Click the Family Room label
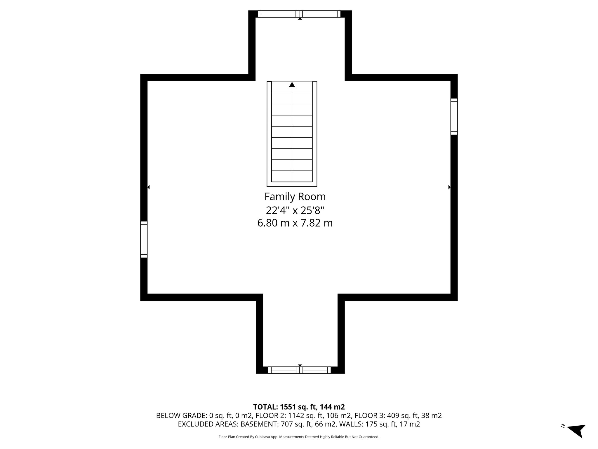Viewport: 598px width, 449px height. coord(295,197)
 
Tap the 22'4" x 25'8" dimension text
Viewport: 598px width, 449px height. coord(295,210)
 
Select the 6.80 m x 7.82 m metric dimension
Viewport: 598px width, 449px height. coord(295,223)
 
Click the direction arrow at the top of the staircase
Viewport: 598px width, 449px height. coord(292,84)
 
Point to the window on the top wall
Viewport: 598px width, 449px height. coord(300,14)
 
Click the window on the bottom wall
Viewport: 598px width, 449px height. coord(300,370)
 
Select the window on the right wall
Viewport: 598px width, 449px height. coord(454,117)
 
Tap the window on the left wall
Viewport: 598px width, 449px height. coord(144,239)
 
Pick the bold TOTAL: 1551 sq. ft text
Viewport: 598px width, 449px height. coord(299,407)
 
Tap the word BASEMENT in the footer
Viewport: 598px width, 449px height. coord(261,424)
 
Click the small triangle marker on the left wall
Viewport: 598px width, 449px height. coord(148,187)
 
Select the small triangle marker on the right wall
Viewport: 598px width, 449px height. coord(449,187)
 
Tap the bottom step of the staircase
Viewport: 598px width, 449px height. coord(292,176)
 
